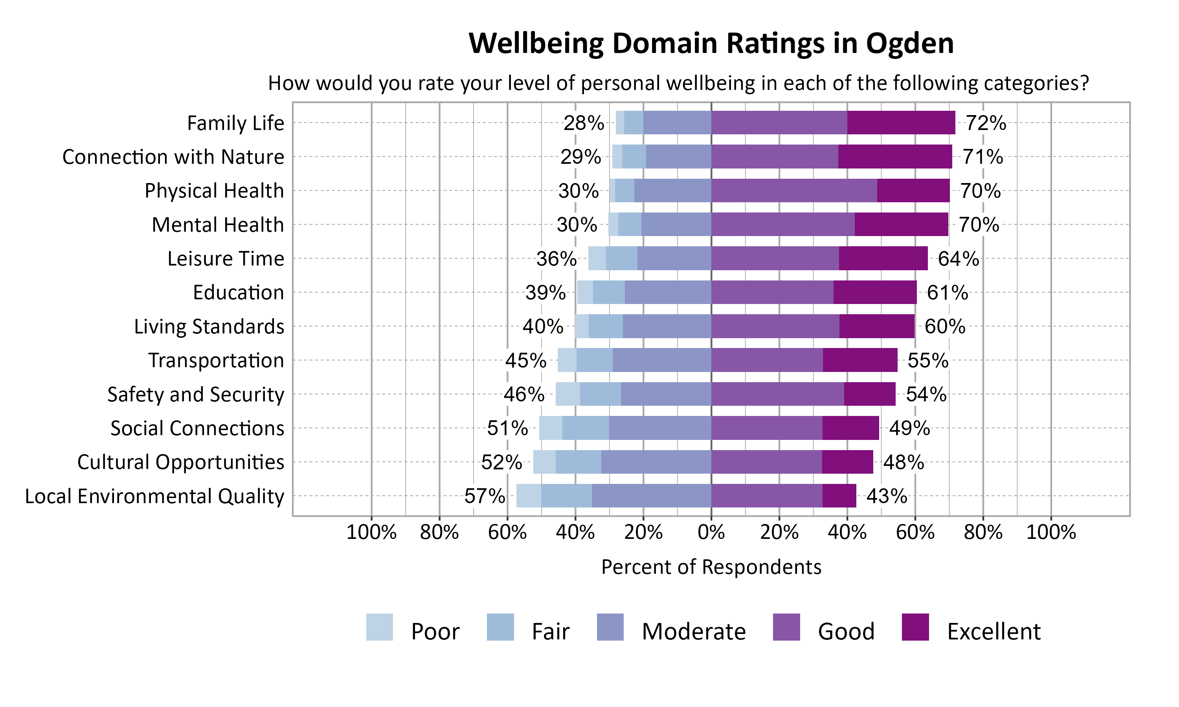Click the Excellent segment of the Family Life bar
click(x=901, y=123)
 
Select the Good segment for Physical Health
click(x=794, y=190)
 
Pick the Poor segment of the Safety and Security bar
click(x=567, y=394)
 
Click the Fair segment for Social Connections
click(x=585, y=428)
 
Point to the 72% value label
click(x=986, y=123)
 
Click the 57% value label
click(x=484, y=496)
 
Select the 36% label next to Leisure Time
click(x=556, y=259)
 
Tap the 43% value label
click(x=886, y=496)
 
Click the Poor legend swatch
click(x=379, y=627)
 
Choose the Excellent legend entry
click(x=994, y=631)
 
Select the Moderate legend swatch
click(x=610, y=627)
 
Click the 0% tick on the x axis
click(x=711, y=532)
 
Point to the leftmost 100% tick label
click(x=371, y=532)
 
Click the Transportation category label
click(x=216, y=360)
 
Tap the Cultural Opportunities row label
click(x=181, y=462)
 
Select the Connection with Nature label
click(x=173, y=157)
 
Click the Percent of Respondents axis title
click(x=711, y=567)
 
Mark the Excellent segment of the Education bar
click(x=875, y=292)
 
